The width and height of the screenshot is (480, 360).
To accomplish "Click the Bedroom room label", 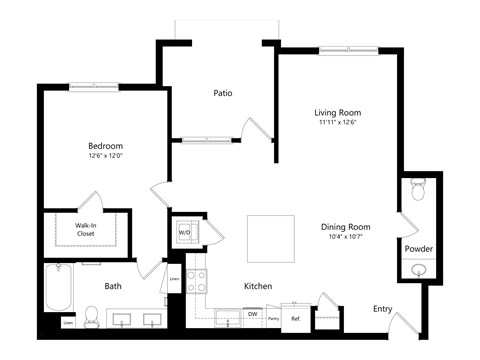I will (104, 142).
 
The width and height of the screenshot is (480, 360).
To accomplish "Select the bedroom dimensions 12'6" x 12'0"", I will (104, 155).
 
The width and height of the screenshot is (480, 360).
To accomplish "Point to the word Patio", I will (223, 93).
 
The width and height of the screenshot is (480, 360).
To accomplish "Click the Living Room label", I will (338, 112).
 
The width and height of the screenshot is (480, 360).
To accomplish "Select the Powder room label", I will (418, 248).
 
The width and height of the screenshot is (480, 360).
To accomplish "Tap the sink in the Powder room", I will (418, 270).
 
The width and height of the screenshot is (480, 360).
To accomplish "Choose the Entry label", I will (382, 308).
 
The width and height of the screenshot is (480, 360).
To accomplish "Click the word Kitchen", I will (258, 286).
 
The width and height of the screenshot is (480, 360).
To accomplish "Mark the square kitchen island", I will (271, 238).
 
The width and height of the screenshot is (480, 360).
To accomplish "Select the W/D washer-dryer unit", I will (185, 233).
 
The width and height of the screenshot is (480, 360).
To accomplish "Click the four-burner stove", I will (197, 282).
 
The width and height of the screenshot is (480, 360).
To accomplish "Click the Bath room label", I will (114, 287).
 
